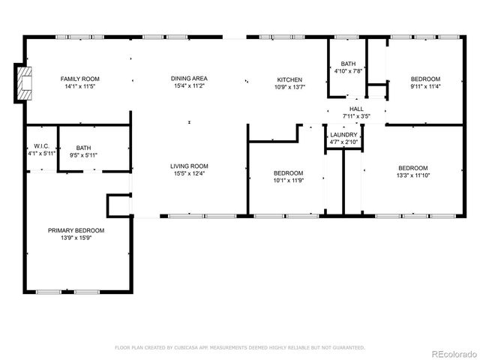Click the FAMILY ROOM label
79,79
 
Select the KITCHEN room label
289,79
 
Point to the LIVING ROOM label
189,166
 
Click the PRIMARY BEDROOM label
76,230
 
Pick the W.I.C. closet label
41,146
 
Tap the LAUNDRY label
344,135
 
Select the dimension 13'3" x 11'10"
413,175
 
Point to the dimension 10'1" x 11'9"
289,181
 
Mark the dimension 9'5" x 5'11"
83,155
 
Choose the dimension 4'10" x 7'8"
348,71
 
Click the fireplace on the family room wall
25,83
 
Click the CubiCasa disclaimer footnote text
240,347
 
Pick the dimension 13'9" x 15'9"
76,238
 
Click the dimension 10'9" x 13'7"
289,88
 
